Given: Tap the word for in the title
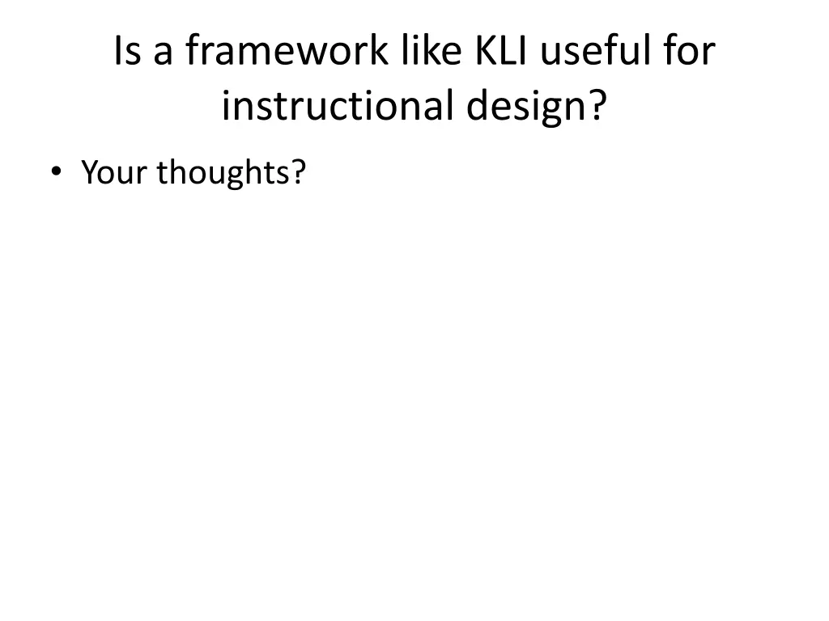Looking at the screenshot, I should click(x=687, y=53).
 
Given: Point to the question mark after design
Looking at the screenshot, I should click(x=596, y=106).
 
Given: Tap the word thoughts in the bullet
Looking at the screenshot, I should click(x=223, y=171).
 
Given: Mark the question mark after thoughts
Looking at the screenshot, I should click(x=299, y=171).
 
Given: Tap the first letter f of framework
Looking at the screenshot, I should click(x=192, y=53).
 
